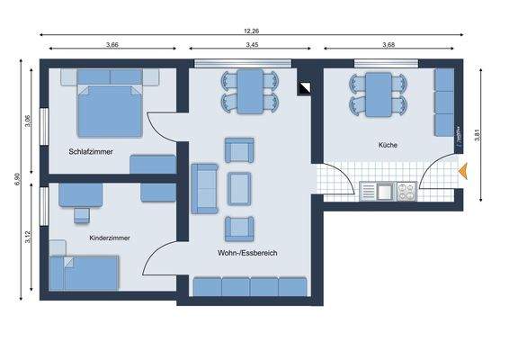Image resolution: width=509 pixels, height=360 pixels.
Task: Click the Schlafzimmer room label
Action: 91,151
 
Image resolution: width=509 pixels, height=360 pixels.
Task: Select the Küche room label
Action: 388,144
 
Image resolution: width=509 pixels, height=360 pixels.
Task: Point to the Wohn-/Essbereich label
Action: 246,253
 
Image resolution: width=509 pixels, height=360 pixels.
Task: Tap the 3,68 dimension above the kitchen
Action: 388,44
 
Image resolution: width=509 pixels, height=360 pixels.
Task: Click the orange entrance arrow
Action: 463,170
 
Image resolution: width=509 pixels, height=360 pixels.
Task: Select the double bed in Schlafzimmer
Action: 108,108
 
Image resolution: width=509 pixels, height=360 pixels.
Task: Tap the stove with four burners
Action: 406,191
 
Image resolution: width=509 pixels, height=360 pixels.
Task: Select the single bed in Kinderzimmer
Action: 85,272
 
